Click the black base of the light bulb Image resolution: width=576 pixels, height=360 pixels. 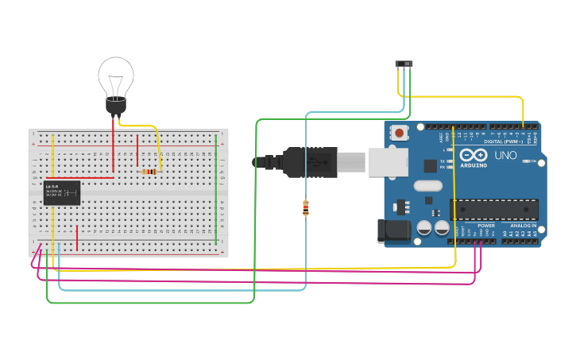[116, 106]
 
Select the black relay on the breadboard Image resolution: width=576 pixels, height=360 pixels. [62, 193]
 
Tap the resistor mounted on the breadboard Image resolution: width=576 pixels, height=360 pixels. [149, 171]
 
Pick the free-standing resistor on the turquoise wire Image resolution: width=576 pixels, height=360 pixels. [306, 208]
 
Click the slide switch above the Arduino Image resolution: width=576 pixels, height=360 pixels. [404, 63]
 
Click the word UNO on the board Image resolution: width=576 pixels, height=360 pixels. [505, 155]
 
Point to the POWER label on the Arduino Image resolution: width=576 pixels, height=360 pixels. [486, 226]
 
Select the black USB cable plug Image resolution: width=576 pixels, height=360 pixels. [310, 161]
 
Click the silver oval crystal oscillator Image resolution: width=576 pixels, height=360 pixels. [427, 187]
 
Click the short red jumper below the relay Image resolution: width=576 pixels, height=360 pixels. [77, 238]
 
